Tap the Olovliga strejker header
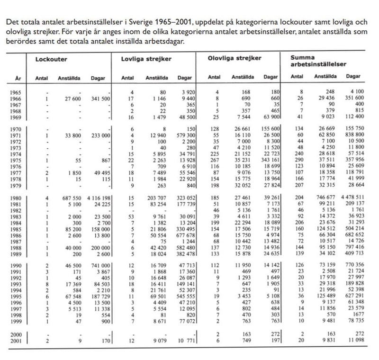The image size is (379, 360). [x=235, y=58]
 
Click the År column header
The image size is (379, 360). [x=17, y=77]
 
